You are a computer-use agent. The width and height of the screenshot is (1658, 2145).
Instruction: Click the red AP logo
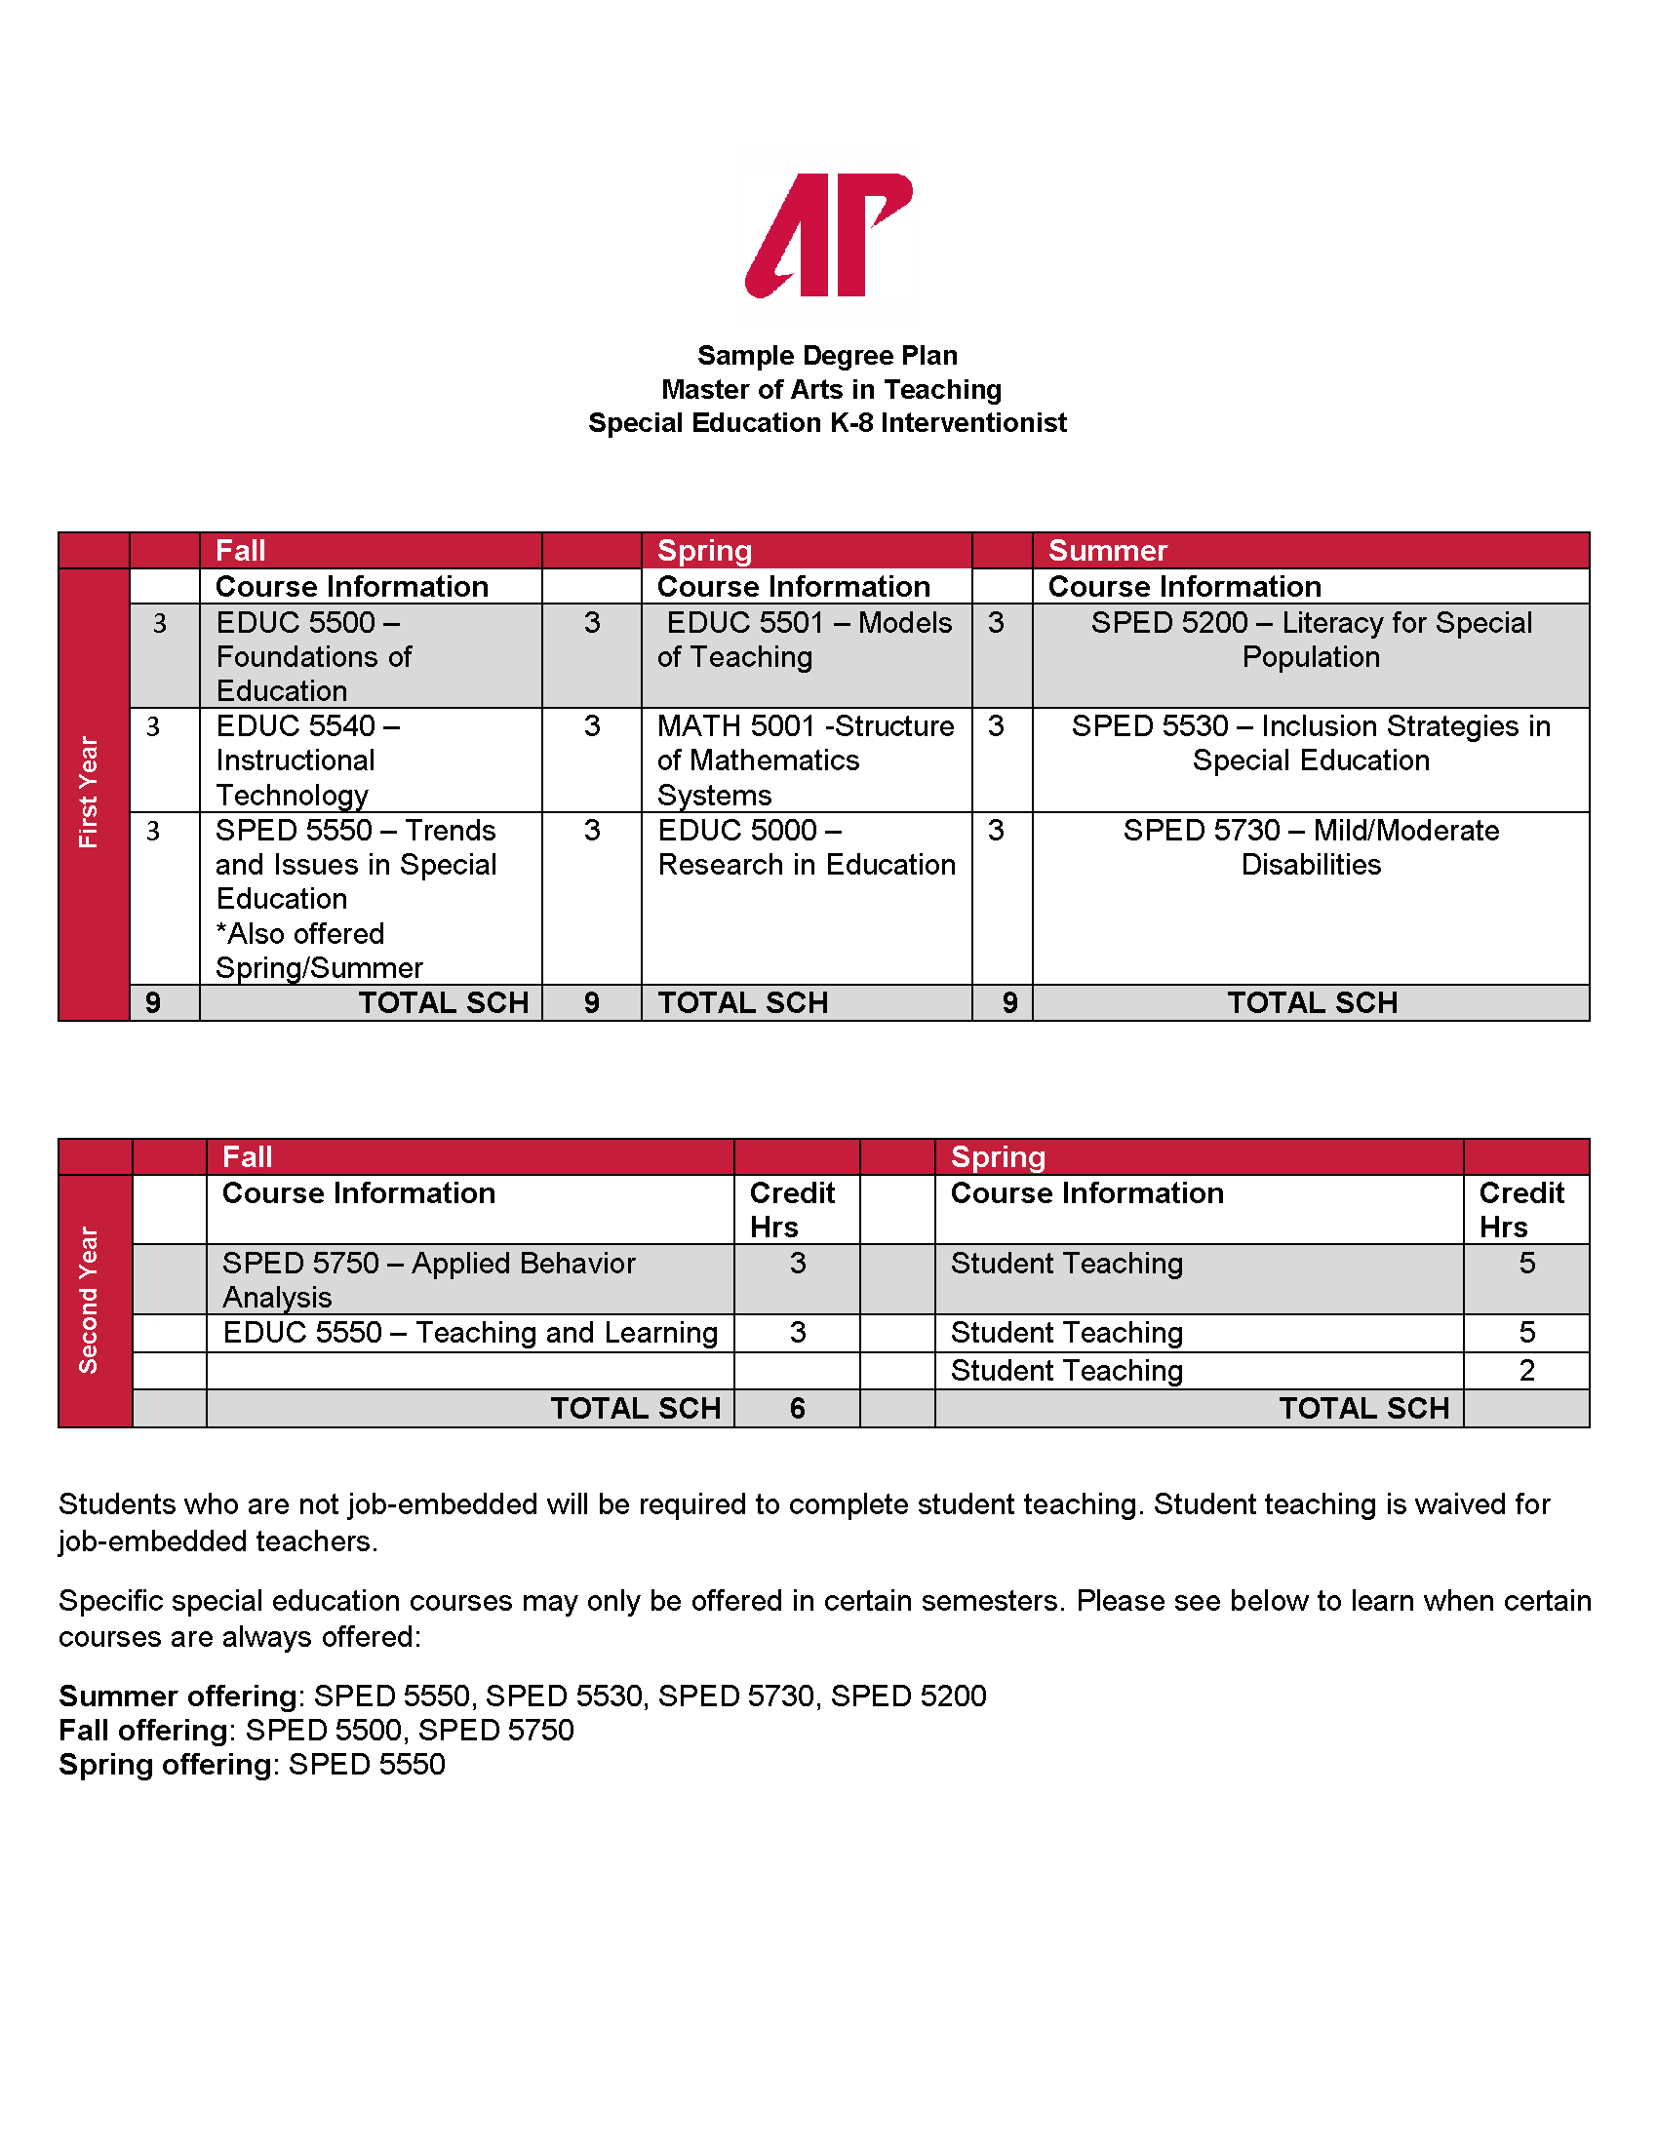[828, 235]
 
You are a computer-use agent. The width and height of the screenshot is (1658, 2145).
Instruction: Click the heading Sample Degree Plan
[827, 355]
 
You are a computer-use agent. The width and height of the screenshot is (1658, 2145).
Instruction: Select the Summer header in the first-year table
[1107, 550]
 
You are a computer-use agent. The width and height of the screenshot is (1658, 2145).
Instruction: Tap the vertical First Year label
[89, 793]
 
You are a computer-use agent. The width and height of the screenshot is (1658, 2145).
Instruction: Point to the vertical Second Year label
[89, 1300]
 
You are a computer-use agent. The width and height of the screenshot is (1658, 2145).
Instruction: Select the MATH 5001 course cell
[805, 760]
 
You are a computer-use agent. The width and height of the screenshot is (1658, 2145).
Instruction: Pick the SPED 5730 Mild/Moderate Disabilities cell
[1310, 846]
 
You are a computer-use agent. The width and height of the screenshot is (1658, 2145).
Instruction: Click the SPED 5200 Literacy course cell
[1310, 640]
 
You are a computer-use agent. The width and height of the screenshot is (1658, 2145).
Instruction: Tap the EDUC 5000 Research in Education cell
[806, 846]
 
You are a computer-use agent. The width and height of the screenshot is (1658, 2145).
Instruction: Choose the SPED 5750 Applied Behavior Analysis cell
[429, 1279]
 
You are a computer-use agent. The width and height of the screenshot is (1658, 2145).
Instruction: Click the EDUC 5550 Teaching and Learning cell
[469, 1332]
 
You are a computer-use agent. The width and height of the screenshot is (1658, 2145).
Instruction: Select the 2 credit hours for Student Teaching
[1525, 1370]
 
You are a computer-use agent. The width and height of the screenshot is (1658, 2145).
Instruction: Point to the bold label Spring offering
[165, 1764]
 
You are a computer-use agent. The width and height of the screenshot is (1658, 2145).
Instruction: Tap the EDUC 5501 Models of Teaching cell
[806, 640]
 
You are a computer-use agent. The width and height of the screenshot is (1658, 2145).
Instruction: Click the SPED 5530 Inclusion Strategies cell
[1310, 743]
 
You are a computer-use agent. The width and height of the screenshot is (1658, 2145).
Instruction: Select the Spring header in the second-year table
[997, 1156]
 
